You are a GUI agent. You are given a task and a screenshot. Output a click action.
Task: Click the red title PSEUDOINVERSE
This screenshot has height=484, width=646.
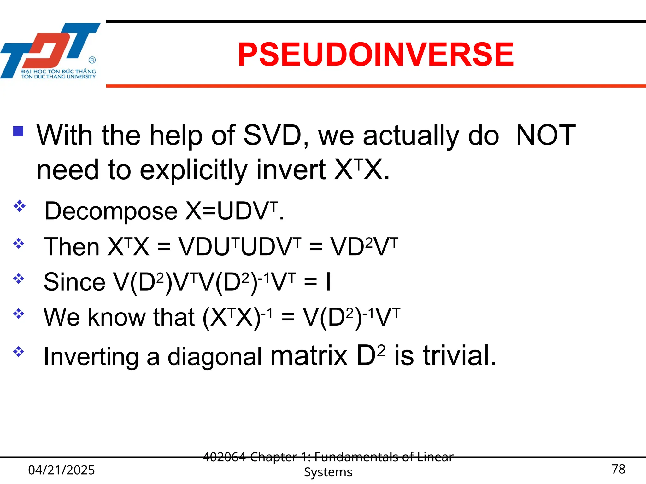pyautogui.click(x=375, y=55)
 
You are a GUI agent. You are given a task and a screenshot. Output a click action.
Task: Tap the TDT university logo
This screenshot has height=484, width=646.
pyautogui.click(x=50, y=50)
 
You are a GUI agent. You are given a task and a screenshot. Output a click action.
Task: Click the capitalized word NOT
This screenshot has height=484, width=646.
pyautogui.click(x=545, y=135)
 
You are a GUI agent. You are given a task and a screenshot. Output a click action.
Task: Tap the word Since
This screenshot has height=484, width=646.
pyautogui.click(x=74, y=282)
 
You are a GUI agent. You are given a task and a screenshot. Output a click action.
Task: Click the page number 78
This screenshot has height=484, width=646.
pyautogui.click(x=618, y=469)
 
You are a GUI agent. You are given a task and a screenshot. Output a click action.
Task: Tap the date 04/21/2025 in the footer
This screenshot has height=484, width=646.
pyautogui.click(x=62, y=470)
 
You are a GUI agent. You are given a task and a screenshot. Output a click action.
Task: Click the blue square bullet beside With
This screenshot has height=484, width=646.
pyautogui.click(x=19, y=131)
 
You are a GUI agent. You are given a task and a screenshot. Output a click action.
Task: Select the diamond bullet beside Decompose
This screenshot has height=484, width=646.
pyautogui.click(x=19, y=206)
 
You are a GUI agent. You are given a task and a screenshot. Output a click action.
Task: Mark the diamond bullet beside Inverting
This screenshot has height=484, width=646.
pyautogui.click(x=19, y=351)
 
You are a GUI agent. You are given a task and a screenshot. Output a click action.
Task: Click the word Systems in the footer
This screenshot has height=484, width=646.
pyautogui.click(x=328, y=472)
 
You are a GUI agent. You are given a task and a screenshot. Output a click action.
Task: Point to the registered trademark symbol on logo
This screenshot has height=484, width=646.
pyautogui.click(x=92, y=60)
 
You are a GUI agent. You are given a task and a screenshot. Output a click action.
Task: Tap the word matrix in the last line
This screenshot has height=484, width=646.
pyautogui.click(x=309, y=356)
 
